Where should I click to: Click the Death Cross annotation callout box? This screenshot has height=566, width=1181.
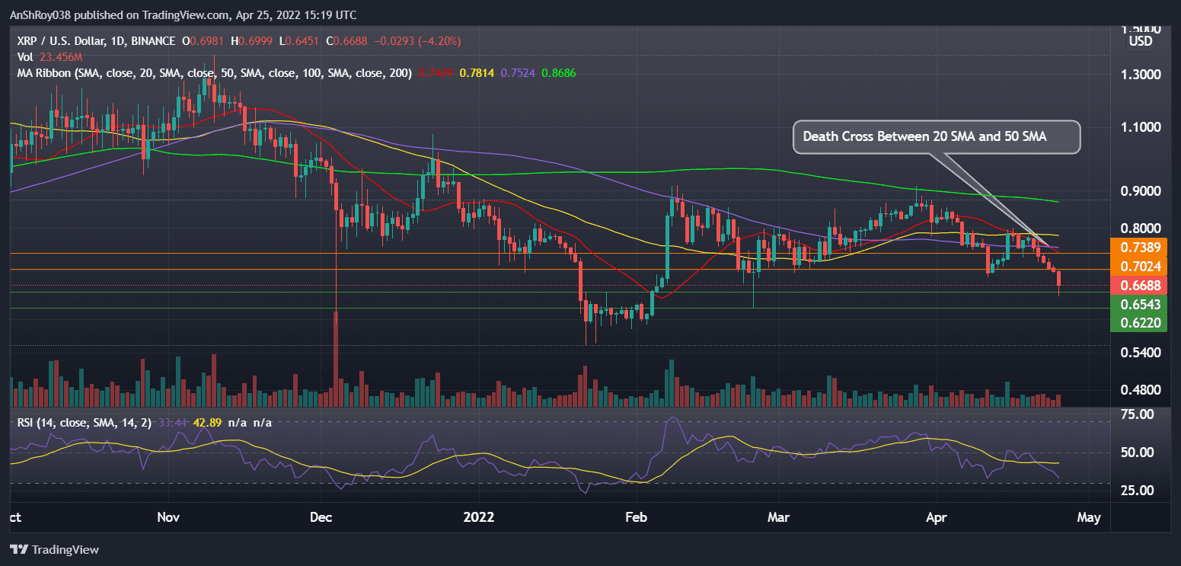pyautogui.click(x=937, y=137)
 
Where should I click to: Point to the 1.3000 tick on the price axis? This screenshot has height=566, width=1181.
pyautogui.click(x=1139, y=75)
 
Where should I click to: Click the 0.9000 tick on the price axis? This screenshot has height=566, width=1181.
pyautogui.click(x=1139, y=190)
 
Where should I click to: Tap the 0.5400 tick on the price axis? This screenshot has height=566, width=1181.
pyautogui.click(x=1139, y=353)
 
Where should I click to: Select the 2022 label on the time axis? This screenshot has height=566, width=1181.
pyautogui.click(x=479, y=518)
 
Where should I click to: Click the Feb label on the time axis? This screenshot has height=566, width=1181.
pyautogui.click(x=635, y=518)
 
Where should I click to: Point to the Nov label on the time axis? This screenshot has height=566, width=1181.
pyautogui.click(x=168, y=518)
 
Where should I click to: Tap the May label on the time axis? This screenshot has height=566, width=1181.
pyautogui.click(x=1089, y=518)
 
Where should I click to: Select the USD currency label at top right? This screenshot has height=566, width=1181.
pyautogui.click(x=1140, y=41)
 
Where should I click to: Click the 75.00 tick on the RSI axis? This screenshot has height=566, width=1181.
pyautogui.click(x=1139, y=414)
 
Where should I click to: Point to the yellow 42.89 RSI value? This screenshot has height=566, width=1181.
pyautogui.click(x=207, y=422)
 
